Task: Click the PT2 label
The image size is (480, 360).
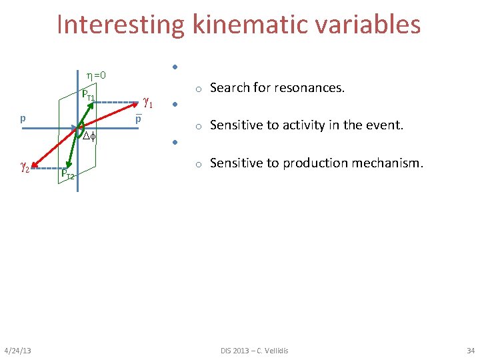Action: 67,175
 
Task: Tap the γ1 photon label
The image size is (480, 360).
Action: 148,103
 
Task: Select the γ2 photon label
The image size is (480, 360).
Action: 23,167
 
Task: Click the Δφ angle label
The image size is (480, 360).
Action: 89,137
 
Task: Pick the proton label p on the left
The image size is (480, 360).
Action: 23,119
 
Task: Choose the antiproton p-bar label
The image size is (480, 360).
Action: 138,119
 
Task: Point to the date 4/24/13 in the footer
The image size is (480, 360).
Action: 21,351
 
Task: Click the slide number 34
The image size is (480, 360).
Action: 470,351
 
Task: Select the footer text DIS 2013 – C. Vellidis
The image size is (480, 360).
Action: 255,351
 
